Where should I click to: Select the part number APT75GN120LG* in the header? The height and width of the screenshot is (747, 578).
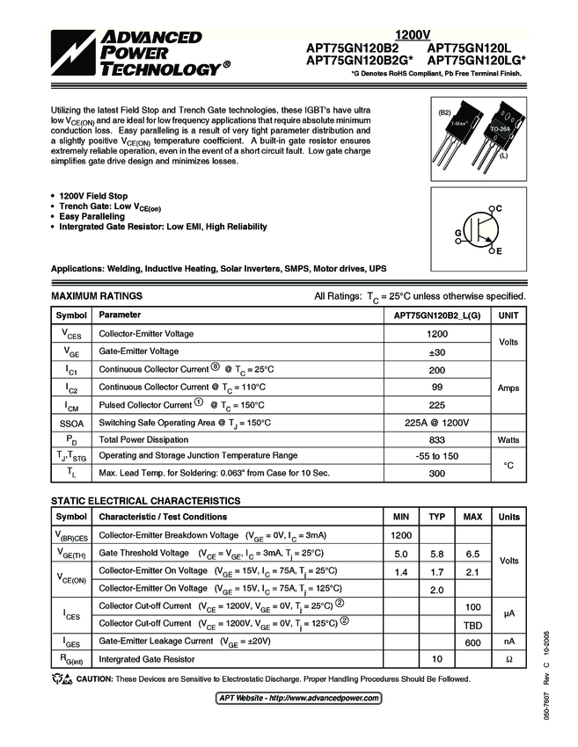[476, 61]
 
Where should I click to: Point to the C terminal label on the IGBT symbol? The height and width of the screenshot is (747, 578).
[499, 207]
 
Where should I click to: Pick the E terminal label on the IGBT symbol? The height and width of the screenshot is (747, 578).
[499, 252]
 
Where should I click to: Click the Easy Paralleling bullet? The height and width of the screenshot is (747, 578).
[91, 216]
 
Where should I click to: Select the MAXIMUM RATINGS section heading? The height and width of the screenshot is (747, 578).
[97, 296]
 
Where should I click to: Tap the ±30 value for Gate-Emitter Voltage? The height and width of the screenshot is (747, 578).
[437, 352]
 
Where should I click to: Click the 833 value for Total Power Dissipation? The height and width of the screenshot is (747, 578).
[437, 439]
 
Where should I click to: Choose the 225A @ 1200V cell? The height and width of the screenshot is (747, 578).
[437, 422]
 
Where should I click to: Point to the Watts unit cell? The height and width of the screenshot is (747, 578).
[508, 439]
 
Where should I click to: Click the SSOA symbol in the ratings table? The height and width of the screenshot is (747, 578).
[71, 422]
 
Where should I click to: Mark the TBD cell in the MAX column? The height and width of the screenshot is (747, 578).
[472, 623]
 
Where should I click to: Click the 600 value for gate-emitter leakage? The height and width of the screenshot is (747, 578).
[472, 642]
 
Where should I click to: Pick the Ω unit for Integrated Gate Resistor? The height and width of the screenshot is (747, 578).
[509, 659]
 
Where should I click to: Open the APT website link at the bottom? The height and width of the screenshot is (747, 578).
[299, 698]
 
